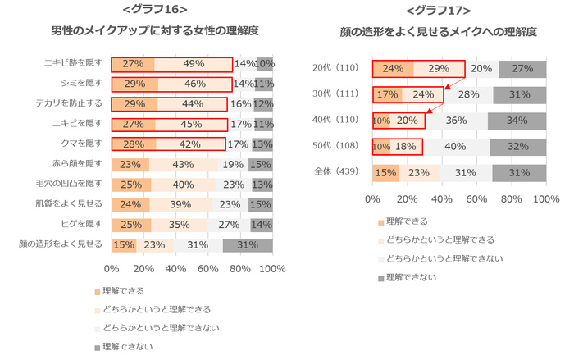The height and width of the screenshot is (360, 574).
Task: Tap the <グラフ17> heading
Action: coord(438,10)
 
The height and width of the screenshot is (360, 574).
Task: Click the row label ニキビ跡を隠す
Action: coord(74,63)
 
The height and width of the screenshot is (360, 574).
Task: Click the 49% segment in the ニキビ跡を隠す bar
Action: coord(194,64)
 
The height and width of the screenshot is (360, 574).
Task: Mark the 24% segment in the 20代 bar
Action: coord(393,69)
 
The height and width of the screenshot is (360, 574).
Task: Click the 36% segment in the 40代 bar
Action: coord(456,121)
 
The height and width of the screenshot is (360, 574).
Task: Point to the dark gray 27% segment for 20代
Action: coord(523,69)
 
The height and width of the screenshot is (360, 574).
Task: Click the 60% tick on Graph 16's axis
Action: coord(208,268)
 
